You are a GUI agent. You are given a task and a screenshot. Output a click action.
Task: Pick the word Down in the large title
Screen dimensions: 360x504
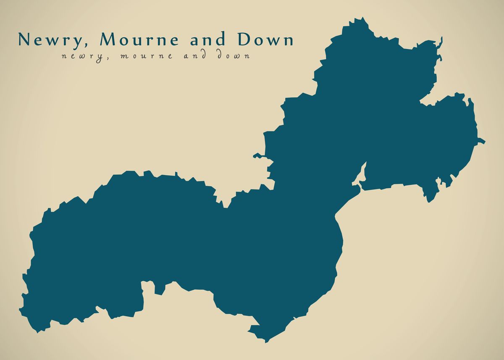click(x=266, y=40)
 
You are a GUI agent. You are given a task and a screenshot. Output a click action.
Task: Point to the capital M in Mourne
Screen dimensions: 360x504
click(x=109, y=39)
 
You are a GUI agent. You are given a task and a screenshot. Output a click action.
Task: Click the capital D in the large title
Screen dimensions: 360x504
click(x=244, y=39)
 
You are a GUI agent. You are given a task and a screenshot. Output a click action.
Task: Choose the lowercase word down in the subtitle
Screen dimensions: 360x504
click(x=233, y=55)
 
